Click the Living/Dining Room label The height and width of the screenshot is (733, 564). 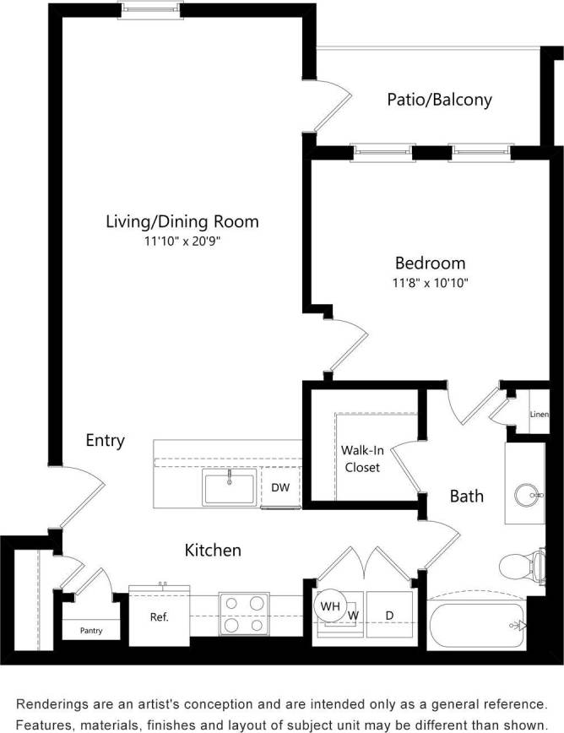tap(182, 222)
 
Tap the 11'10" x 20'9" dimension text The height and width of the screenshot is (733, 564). tap(182, 242)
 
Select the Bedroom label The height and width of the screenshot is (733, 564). tap(431, 263)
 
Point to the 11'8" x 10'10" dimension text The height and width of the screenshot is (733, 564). tap(431, 283)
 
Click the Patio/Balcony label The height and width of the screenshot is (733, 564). tap(439, 100)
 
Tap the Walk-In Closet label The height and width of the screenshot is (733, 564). tap(361, 459)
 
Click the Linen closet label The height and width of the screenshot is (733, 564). tap(540, 415)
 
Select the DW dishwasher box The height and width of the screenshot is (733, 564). tap(280, 487)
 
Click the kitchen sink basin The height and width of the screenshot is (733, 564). tap(228, 488)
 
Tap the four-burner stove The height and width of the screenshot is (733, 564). tap(243, 614)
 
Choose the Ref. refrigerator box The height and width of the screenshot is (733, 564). tap(159, 617)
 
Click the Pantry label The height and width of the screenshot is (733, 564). tap(91, 630)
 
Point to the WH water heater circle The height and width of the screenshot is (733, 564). tap(329, 605)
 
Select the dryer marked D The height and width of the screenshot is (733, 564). tap(389, 616)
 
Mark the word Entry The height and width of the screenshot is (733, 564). tap(105, 440)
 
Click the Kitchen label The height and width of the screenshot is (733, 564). tap(213, 551)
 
